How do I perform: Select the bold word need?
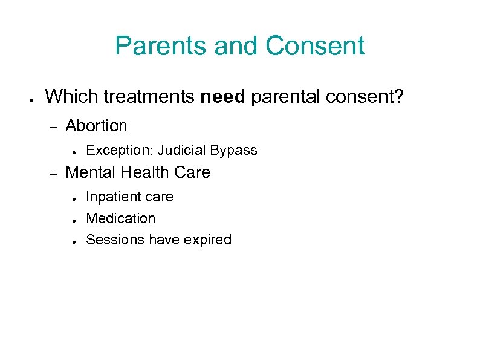222,96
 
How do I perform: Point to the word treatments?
144,96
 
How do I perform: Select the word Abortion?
96,126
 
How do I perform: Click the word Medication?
121,218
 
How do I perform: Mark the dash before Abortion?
52,127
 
